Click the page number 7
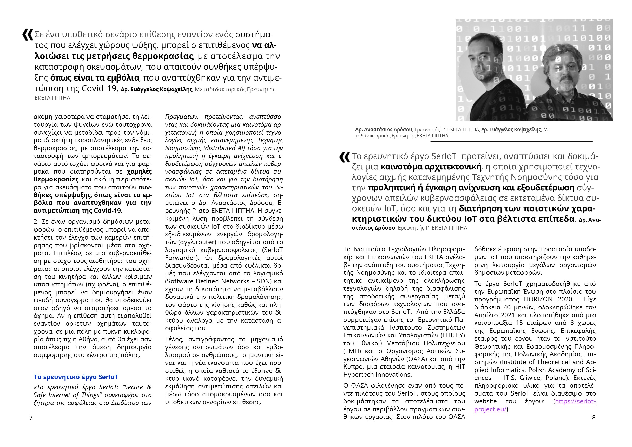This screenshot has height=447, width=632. click(x=31, y=417)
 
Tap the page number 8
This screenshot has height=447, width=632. click(x=594, y=417)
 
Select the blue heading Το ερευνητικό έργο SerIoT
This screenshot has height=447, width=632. click(x=76, y=377)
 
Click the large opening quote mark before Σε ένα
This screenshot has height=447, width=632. click(x=28, y=35)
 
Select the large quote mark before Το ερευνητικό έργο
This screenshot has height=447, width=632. click(x=345, y=157)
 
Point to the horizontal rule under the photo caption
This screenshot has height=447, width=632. click(x=511, y=142)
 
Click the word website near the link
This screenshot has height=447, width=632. click(x=485, y=401)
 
